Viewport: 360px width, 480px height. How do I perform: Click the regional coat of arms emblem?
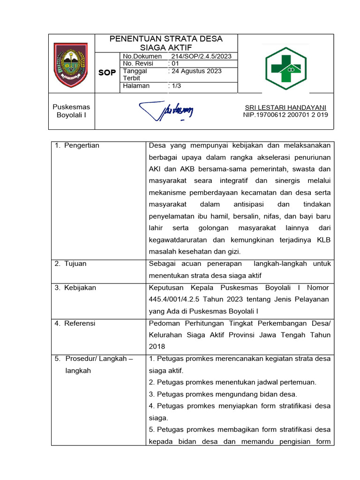coord(71,65)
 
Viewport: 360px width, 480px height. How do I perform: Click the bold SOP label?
coord(107,73)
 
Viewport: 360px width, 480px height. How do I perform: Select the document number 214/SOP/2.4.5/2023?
coord(202,56)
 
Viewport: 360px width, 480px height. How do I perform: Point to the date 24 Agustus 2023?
coord(196,71)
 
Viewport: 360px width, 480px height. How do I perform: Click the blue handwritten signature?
coord(166,111)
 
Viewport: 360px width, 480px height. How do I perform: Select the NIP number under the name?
coord(285,115)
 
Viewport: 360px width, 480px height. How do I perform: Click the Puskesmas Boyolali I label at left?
coord(71,111)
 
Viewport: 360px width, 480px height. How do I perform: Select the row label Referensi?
coord(80,323)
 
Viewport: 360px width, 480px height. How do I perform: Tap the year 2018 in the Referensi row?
coord(157,346)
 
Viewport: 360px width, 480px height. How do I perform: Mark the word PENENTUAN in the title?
coord(135,39)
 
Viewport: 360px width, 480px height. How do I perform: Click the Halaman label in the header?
coord(136,86)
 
